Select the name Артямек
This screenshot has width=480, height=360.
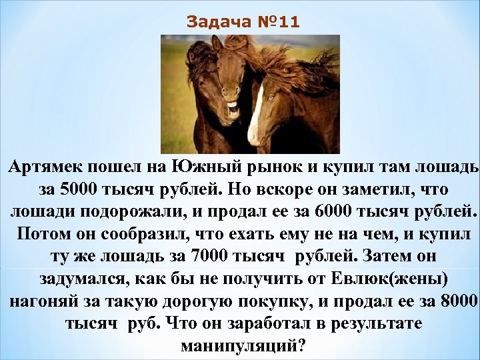tap(45, 167)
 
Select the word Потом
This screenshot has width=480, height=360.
tap(43, 235)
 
